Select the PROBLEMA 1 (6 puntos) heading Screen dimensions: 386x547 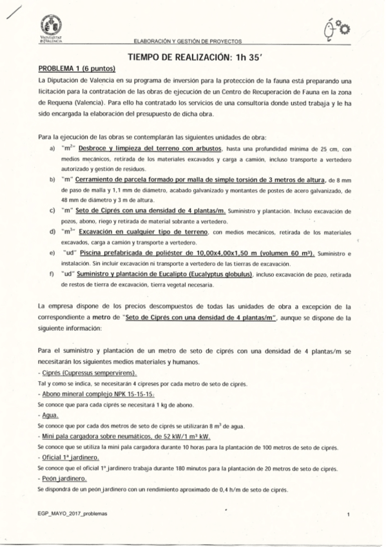(76, 68)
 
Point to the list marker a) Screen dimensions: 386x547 (52, 148)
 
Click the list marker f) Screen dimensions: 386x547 (52, 275)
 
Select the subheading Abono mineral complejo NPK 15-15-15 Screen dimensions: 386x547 (97, 393)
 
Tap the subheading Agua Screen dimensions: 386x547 (48, 416)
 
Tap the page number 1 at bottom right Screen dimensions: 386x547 (348, 515)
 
